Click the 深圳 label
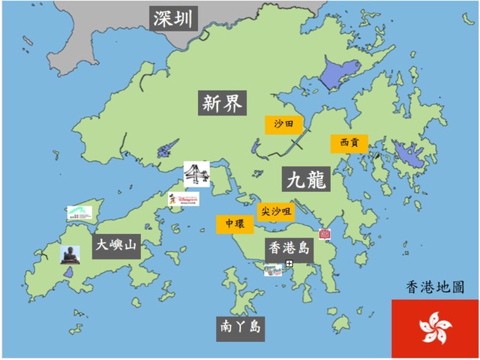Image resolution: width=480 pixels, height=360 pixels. (x=173, y=18)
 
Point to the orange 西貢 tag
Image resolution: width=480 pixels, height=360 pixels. (x=349, y=142)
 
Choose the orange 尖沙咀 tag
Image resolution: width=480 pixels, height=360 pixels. (x=275, y=212)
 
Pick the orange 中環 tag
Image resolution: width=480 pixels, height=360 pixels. (x=229, y=224)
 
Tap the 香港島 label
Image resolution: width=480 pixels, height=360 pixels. (x=288, y=247)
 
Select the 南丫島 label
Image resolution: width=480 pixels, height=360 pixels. (x=241, y=328)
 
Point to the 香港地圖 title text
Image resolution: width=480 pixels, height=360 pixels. (x=434, y=287)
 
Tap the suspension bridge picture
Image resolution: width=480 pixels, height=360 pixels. (x=196, y=175)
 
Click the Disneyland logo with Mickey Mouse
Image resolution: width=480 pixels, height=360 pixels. (x=184, y=199)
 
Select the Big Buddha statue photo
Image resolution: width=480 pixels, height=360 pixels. (x=70, y=254)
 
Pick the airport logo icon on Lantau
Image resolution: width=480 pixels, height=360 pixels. (x=79, y=213)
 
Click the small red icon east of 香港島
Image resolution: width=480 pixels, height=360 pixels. (x=325, y=234)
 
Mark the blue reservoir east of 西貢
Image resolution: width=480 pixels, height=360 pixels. (x=408, y=156)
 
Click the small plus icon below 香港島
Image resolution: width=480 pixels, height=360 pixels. (x=289, y=263)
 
